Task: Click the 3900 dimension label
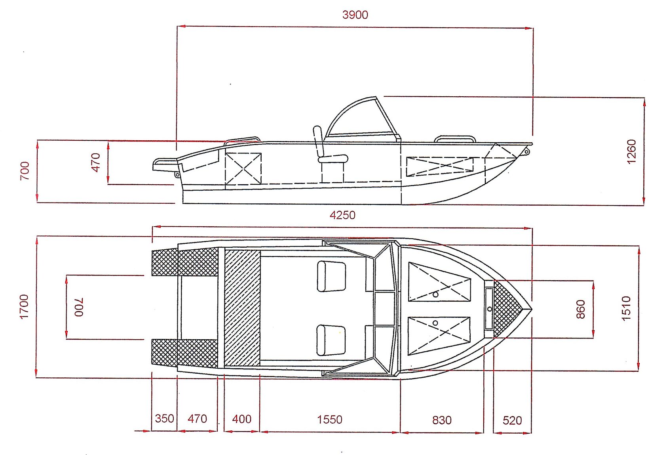tap(355, 15)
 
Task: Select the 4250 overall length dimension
tap(342, 215)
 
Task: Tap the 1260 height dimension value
tap(631, 151)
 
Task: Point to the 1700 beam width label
tap(24, 307)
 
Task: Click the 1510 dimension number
tap(626, 308)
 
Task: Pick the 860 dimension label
tap(580, 309)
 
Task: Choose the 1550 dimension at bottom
tap(329, 420)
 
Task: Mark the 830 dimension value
tap(442, 420)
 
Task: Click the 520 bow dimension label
tap(512, 421)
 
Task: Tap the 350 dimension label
tap(165, 419)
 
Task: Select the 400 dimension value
tap(241, 419)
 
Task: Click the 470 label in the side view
tap(96, 162)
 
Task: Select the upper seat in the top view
tap(331, 276)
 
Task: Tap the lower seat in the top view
tap(331, 340)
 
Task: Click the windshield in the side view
tap(363, 117)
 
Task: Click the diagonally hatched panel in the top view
tap(242, 308)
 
